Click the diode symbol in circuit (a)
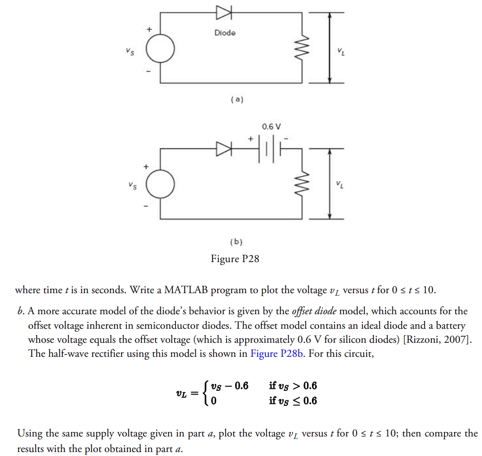[223, 12]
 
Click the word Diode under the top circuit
[225, 33]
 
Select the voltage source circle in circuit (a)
[160, 49]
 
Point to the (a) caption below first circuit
[236, 100]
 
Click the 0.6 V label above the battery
[272, 126]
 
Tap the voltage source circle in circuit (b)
[160, 185]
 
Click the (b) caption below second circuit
[236, 242]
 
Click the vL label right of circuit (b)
[341, 186]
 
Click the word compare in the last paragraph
[446, 433]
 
